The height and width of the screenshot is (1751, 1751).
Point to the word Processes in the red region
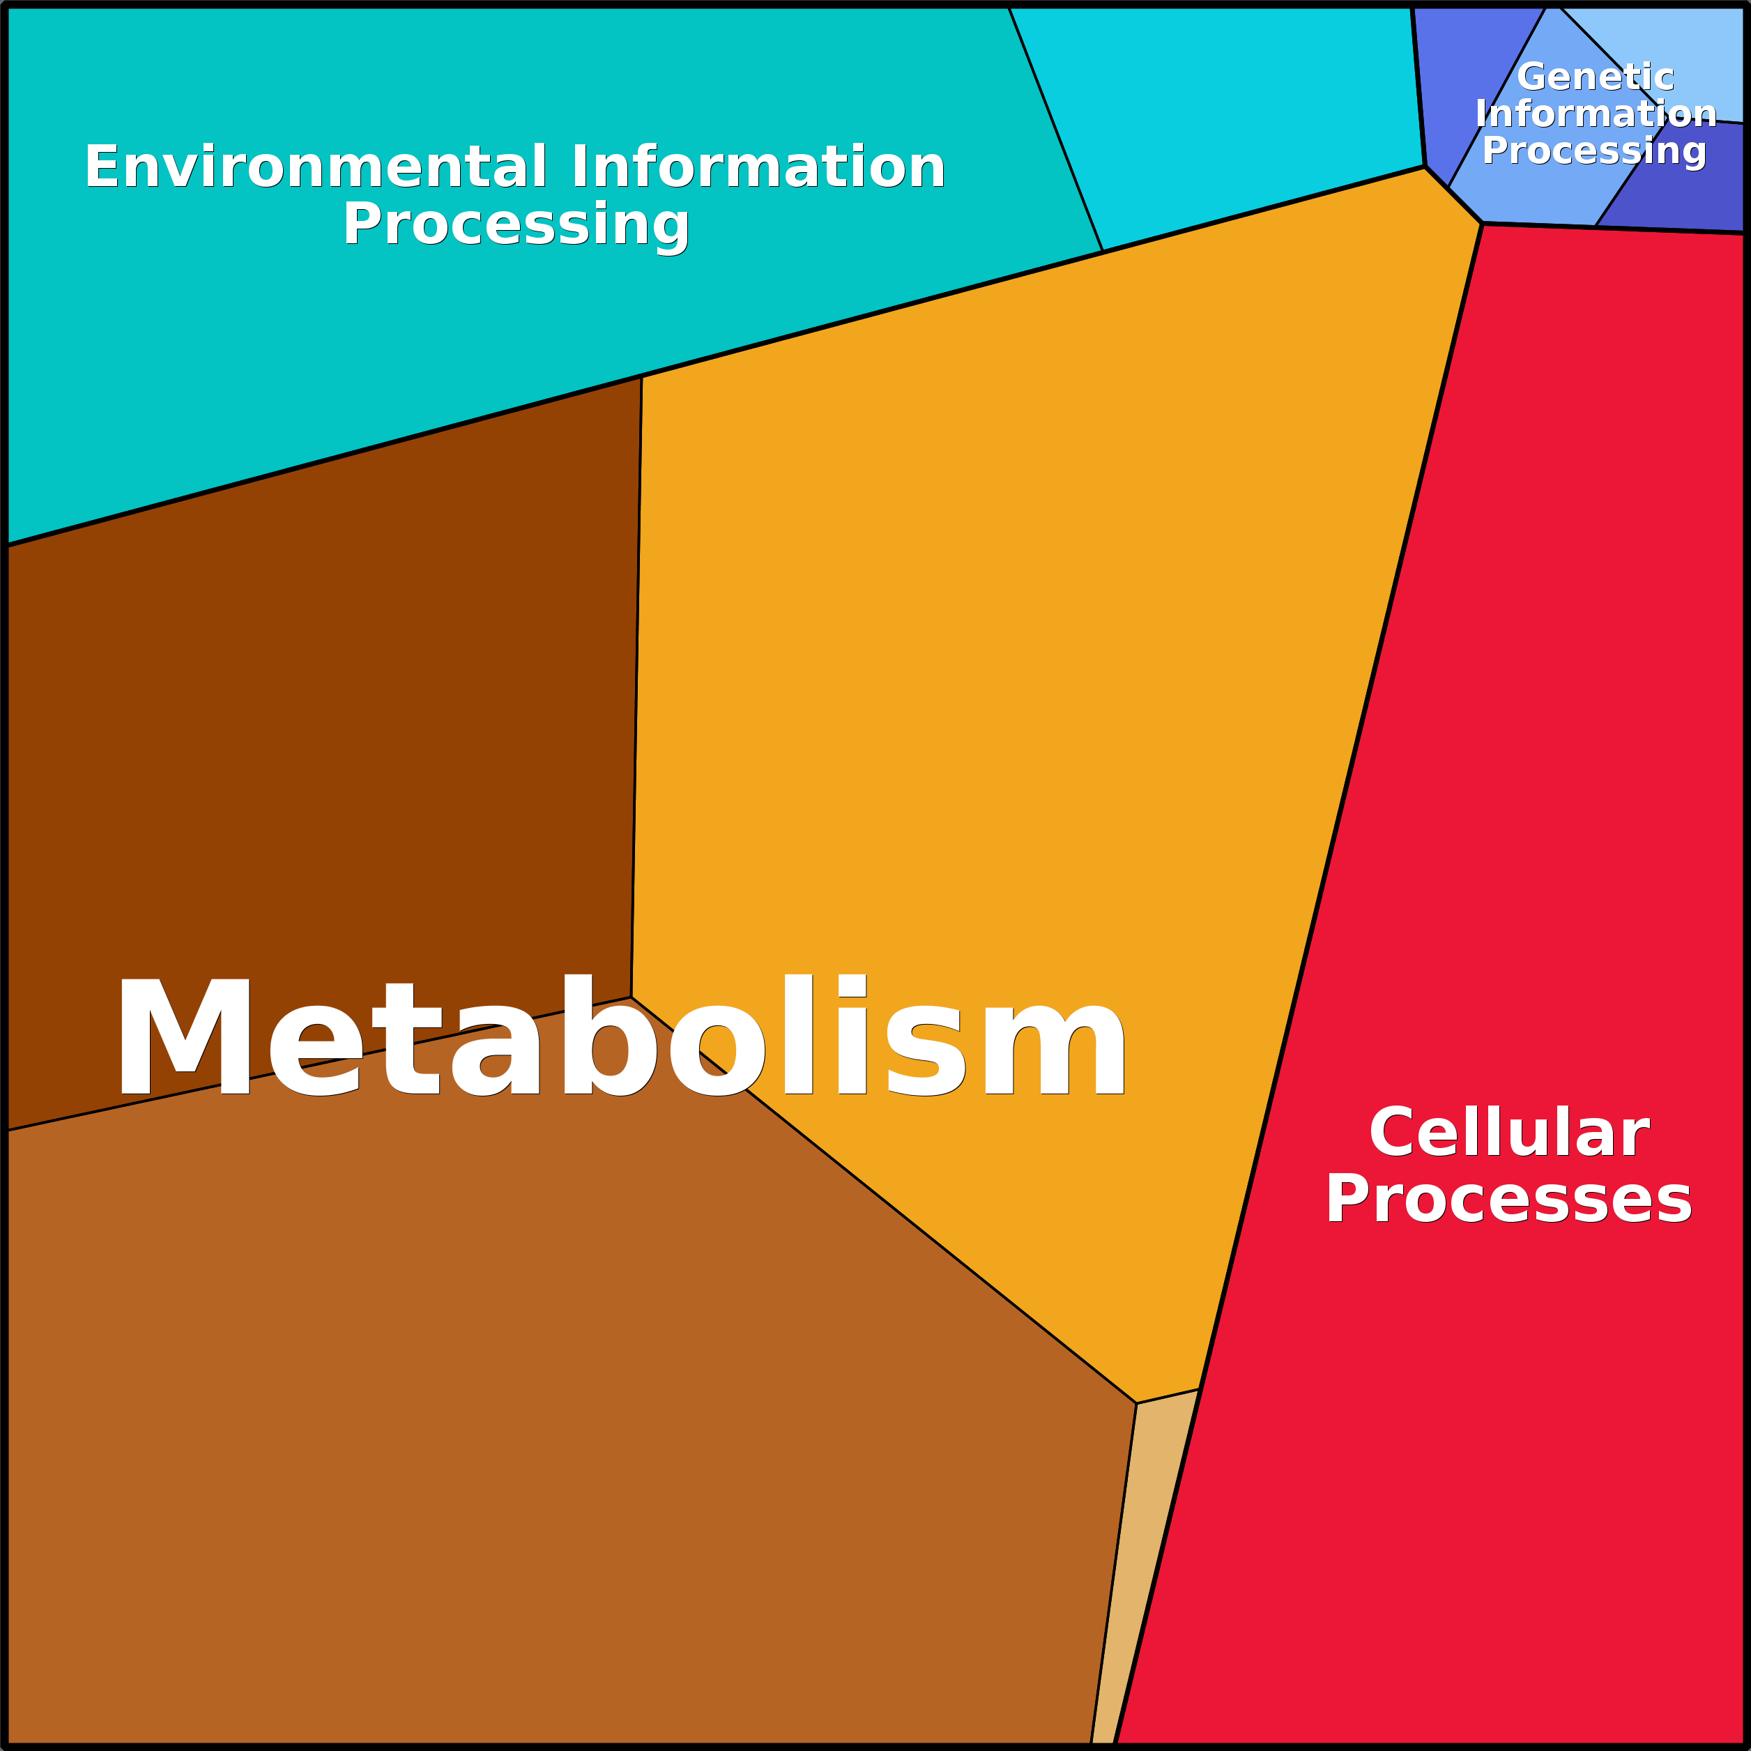pyautogui.click(x=1509, y=1198)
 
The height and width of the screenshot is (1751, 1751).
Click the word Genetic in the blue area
pyautogui.click(x=1595, y=77)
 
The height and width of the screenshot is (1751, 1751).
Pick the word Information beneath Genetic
pyautogui.click(x=1595, y=114)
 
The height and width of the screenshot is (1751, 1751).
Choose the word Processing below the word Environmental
pyautogui.click(x=516, y=224)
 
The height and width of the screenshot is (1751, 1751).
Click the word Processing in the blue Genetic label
pyautogui.click(x=1594, y=151)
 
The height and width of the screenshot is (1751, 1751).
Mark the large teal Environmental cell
pyautogui.click(x=362, y=362)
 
